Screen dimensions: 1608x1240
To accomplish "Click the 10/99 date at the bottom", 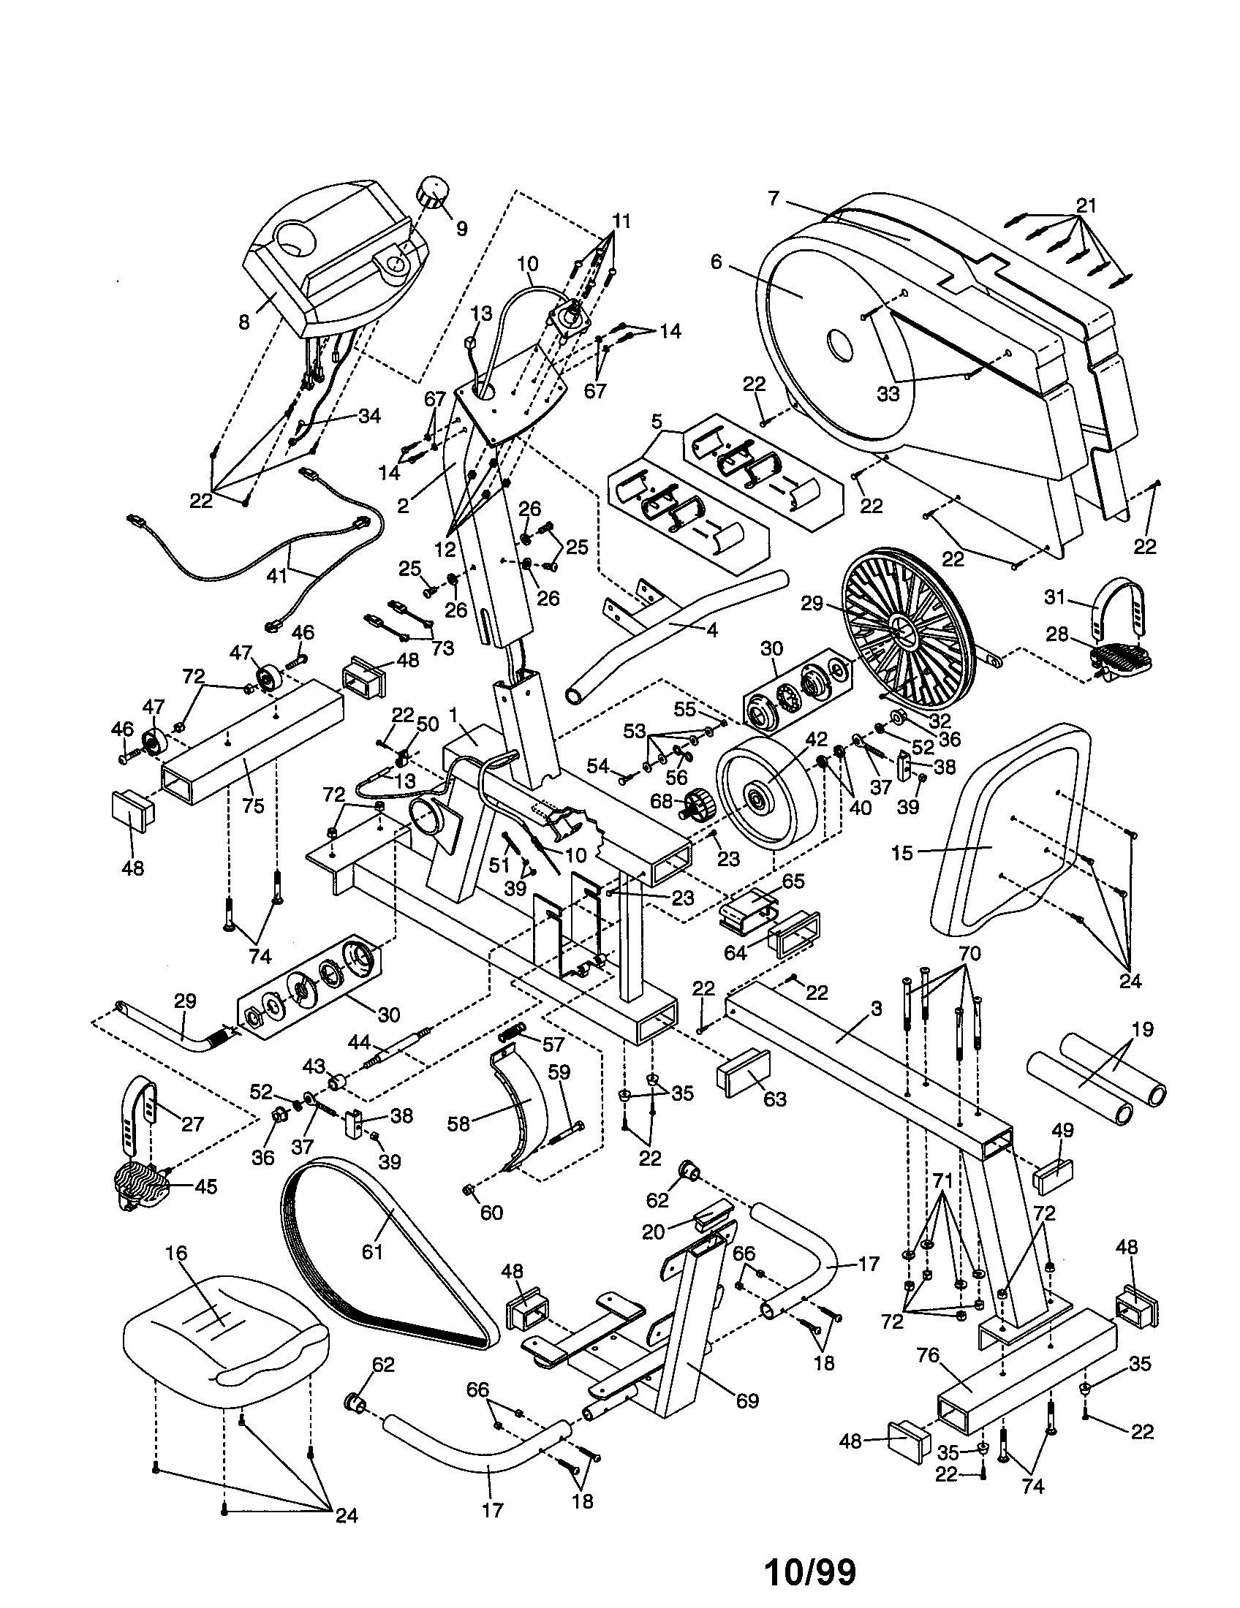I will point(811,1568).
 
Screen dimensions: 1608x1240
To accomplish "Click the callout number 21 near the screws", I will point(1086,205).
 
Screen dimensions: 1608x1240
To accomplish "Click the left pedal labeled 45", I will point(144,1186).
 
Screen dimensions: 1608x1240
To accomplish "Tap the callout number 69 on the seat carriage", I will point(746,1400).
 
